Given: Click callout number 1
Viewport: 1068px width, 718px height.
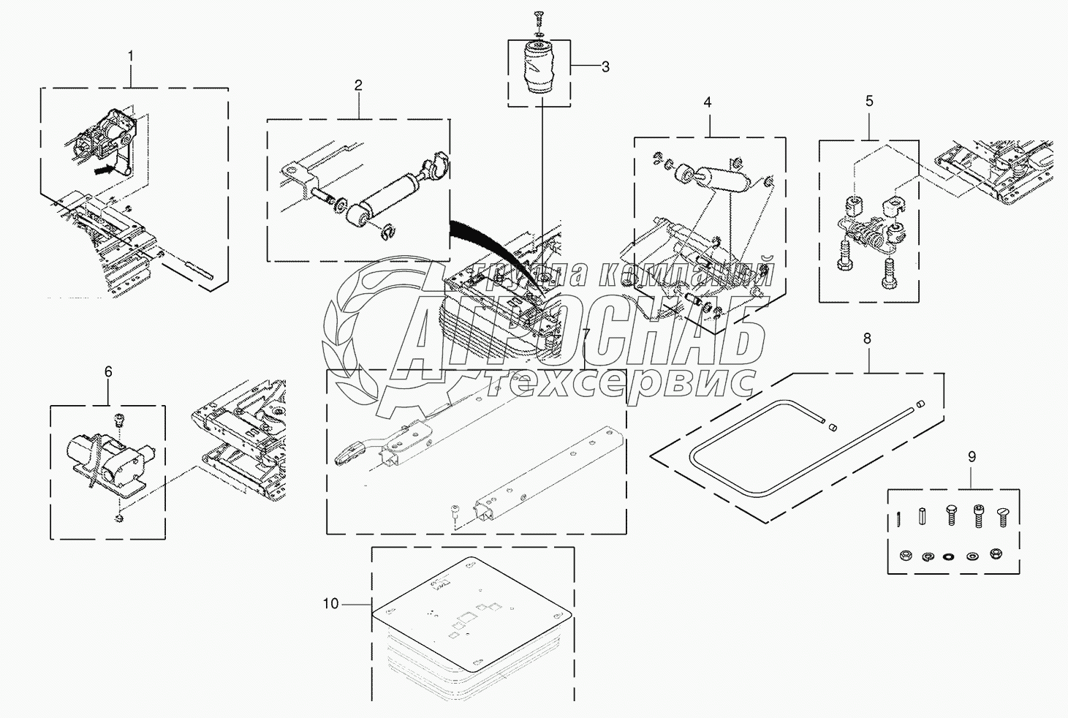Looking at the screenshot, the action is pos(131,56).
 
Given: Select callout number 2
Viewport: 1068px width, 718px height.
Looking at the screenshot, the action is pos(358,85).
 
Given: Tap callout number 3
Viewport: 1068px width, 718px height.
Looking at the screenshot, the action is pos(605,67).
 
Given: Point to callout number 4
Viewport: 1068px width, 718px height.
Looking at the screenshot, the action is pos(708,103).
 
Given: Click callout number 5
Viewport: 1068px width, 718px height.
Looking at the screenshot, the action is pos(869,101).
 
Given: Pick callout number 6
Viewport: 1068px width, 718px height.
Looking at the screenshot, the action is pos(108,371).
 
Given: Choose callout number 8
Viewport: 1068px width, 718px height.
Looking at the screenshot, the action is pos(867,339).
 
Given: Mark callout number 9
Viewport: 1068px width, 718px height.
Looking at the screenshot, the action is pos(972,457).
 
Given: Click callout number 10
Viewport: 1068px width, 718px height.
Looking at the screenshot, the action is pos(331,604).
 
